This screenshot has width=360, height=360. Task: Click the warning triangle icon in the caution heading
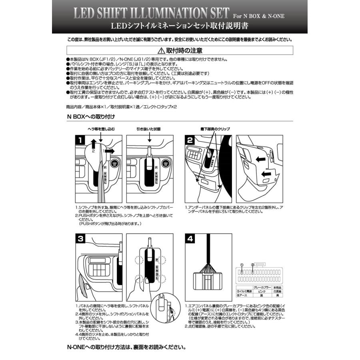pyautogui.click(x=161, y=51)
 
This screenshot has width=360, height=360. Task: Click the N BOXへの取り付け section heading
pyautogui.click(x=91, y=117)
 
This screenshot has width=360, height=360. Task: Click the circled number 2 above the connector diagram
pyautogui.click(x=252, y=265)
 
